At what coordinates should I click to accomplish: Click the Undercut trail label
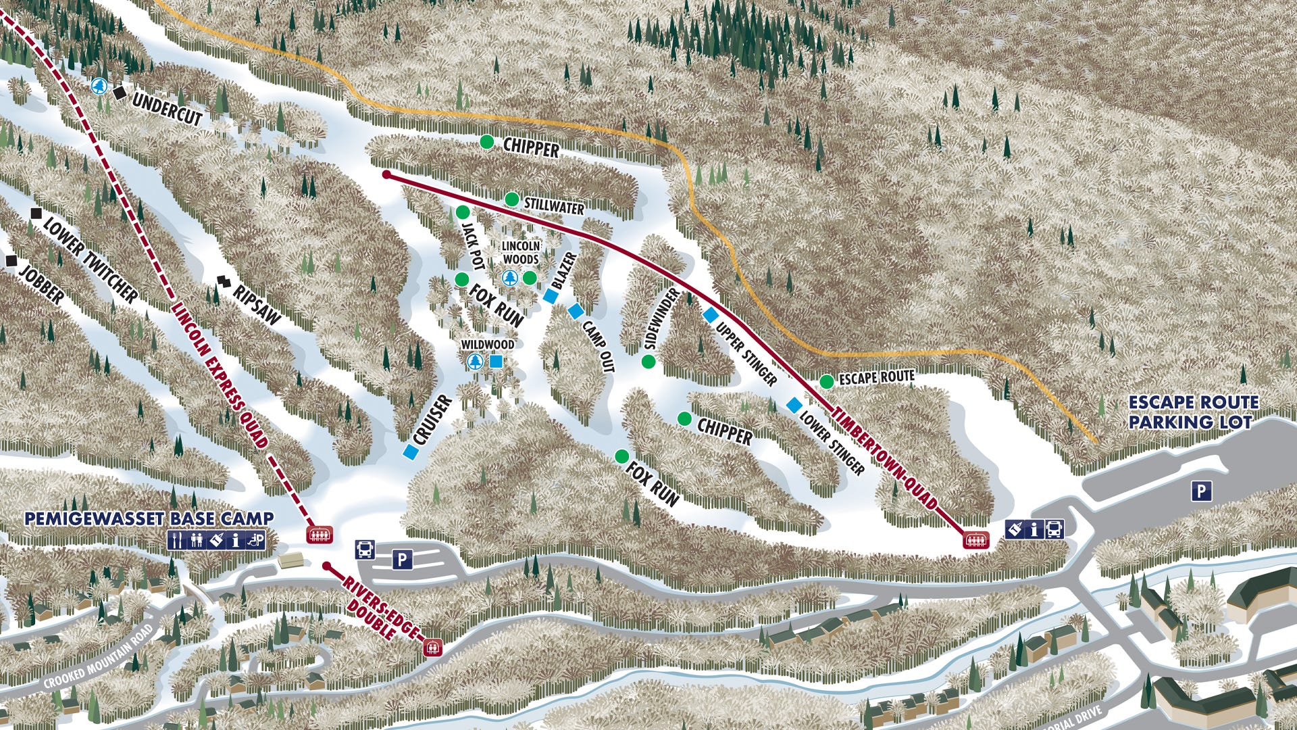click(168, 109)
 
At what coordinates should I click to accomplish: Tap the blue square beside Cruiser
click(409, 452)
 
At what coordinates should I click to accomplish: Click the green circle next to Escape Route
click(826, 382)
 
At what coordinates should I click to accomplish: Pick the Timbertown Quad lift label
click(885, 458)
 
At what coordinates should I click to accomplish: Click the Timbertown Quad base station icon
click(975, 540)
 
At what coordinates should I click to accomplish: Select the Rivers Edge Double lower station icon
click(432, 647)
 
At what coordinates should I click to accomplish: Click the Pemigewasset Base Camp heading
click(149, 519)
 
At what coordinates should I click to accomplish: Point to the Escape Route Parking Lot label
click(1193, 412)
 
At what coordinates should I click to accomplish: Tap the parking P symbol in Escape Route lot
click(1200, 491)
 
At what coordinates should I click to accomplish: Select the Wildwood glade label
click(487, 345)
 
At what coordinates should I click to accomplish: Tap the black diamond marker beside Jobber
click(10, 260)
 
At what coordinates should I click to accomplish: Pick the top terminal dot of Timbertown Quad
click(386, 174)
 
